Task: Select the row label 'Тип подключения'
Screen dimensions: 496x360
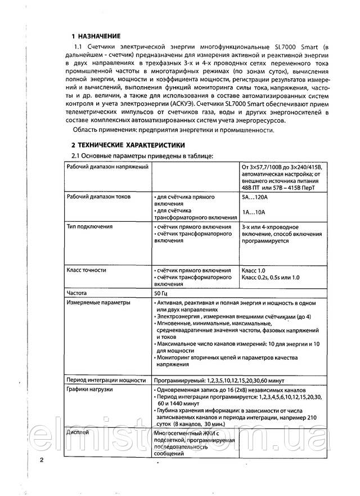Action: click(x=89, y=226)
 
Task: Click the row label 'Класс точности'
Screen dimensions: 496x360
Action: click(x=86, y=270)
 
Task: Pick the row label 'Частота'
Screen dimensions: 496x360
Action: click(x=78, y=293)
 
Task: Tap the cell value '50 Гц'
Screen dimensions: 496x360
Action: click(x=160, y=293)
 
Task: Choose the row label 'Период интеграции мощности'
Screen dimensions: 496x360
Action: click(x=105, y=379)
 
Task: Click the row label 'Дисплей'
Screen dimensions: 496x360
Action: click(x=77, y=432)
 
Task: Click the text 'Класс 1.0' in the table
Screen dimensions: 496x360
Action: click(x=253, y=270)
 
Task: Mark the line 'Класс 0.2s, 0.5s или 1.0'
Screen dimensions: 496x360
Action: click(x=271, y=278)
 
